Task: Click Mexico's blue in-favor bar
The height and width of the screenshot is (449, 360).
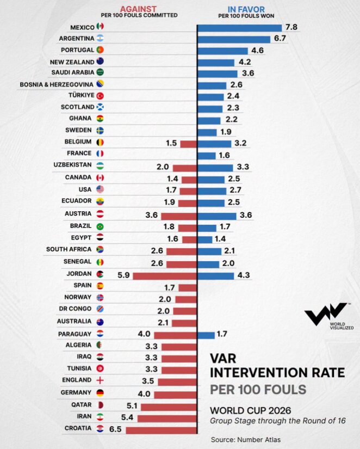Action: click(240, 28)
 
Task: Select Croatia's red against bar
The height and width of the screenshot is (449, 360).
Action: click(161, 430)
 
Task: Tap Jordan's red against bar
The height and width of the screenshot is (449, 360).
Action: click(165, 276)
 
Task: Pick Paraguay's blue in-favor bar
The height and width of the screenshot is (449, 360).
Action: click(206, 335)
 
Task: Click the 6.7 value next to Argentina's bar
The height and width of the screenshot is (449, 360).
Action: click(280, 38)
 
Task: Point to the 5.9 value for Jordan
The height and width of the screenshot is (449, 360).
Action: click(123, 275)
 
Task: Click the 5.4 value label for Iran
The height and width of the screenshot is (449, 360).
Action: click(127, 417)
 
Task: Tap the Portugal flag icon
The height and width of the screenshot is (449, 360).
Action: click(100, 50)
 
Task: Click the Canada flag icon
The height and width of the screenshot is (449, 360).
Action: click(100, 177)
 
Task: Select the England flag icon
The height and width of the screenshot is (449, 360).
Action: click(100, 380)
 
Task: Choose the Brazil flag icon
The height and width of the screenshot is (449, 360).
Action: click(100, 226)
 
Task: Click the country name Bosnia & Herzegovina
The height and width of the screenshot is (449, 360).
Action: click(57, 84)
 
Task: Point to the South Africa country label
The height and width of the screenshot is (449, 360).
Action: click(69, 249)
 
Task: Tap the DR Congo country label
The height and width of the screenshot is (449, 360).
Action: click(75, 309)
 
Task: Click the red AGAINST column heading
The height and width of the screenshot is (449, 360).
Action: click(138, 9)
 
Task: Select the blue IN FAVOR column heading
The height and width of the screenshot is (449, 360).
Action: click(246, 9)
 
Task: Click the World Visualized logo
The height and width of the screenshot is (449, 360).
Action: click(329, 316)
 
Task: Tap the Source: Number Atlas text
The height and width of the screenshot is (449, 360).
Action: click(246, 440)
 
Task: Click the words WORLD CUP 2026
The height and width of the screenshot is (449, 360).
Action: click(250, 410)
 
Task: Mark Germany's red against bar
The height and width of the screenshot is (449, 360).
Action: click(175, 395)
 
